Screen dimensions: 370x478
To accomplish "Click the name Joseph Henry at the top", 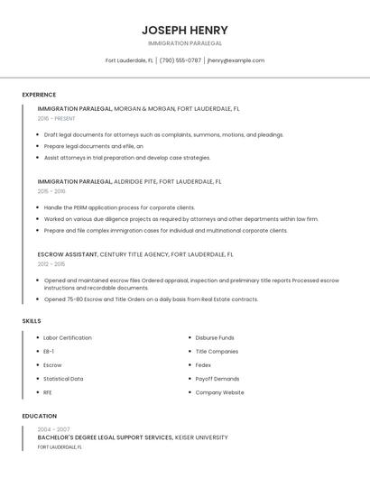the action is pos(185,30).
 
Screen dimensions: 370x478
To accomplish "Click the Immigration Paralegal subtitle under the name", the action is pos(185,43).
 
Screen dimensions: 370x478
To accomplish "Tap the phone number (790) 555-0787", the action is pos(180,60).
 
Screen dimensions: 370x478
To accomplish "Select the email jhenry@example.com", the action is pos(236,60).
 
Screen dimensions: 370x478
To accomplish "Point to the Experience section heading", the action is pos(39,95).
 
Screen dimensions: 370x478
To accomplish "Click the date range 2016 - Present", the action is pos(58,118).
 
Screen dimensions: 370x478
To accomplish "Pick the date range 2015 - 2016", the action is pos(51,191).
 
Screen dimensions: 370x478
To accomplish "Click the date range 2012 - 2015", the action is pos(51,264).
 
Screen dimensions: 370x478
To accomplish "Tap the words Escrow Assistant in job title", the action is pos(67,254).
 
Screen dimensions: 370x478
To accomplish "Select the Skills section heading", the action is pos(32,321).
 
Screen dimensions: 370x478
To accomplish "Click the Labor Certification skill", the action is pos(68,337).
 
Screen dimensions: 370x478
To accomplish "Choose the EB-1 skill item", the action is pos(49,351).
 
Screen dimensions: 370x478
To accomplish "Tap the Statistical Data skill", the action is pos(63,379).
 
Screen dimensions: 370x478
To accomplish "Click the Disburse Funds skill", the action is pos(215,337).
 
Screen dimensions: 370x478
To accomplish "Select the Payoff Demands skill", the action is pos(217,379).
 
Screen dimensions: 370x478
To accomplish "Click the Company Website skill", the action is pos(219,392).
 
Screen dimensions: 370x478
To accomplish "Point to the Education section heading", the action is pos(40,416).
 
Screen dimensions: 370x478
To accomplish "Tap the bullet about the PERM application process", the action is pos(119,207).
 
